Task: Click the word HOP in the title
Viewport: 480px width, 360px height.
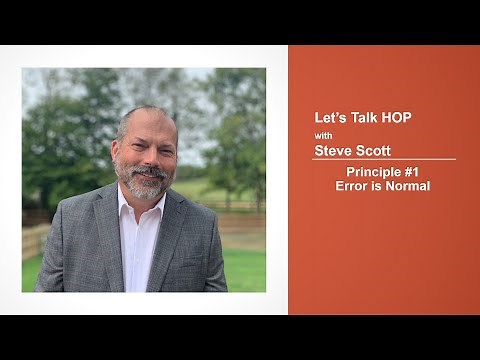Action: click(x=393, y=118)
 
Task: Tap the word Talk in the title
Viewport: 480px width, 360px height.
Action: click(x=359, y=118)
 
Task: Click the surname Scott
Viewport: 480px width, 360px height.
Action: click(x=375, y=151)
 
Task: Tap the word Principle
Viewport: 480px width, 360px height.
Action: click(x=367, y=172)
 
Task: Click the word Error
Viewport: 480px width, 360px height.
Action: click(x=352, y=186)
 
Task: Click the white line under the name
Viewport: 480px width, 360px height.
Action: click(x=385, y=160)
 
